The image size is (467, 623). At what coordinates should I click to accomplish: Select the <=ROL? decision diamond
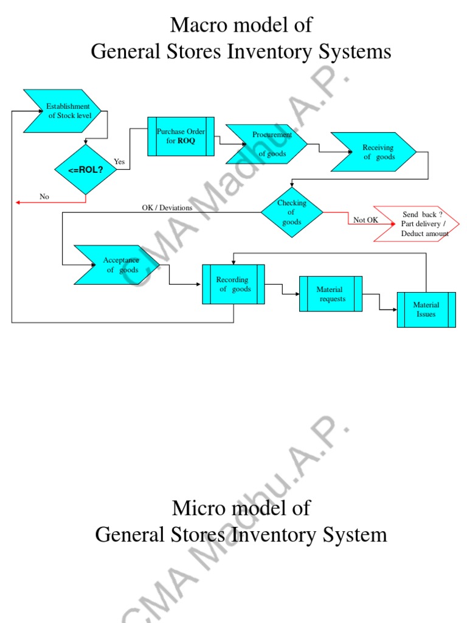pos(86,169)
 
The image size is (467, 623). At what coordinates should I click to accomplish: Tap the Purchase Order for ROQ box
pos(181,136)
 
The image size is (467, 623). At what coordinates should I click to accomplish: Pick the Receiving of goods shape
pos(373,152)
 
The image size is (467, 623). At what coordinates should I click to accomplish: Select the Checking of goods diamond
pos(292,212)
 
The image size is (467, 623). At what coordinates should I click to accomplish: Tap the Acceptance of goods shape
pos(117,265)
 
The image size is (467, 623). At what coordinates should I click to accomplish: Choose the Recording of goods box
pos(233,284)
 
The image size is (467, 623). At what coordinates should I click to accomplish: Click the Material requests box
pos(331,294)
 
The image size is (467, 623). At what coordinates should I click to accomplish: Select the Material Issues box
pos(426,310)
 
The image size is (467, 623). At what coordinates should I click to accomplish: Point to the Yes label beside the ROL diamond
pos(119,162)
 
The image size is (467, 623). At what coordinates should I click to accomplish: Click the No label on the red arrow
pos(44,197)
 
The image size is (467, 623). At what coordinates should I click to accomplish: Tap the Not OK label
pos(365,220)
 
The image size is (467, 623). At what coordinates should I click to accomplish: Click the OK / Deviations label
pos(167,207)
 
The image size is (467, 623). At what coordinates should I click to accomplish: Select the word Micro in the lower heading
pos(198,507)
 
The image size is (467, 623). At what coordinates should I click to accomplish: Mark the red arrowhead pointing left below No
pos(18,202)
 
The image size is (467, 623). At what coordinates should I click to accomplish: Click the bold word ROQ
pos(187,141)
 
